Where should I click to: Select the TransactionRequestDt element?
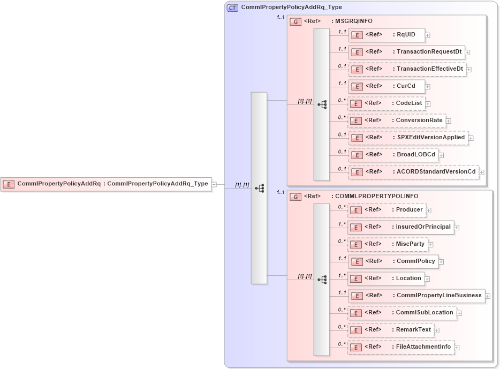[x=406, y=52]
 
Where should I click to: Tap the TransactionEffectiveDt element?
[x=407, y=69]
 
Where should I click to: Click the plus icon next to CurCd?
[x=428, y=87]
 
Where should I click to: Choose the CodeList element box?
[x=387, y=103]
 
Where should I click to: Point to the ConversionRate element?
[x=397, y=121]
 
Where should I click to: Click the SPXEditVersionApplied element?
[x=408, y=138]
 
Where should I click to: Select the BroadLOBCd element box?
[x=393, y=155]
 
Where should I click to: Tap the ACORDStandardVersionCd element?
[x=413, y=172]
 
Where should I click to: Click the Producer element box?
[x=387, y=210]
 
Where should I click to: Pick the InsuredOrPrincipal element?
[x=400, y=227]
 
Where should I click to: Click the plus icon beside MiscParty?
[x=431, y=245]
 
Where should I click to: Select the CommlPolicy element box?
[x=393, y=261]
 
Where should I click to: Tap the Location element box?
[x=386, y=278]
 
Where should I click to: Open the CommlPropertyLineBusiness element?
[x=416, y=296]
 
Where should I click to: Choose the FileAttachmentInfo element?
[x=401, y=347]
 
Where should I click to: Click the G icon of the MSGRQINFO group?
[x=295, y=22]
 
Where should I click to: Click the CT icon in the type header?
[x=233, y=8]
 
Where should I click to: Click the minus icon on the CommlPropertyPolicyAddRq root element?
[x=214, y=184]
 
